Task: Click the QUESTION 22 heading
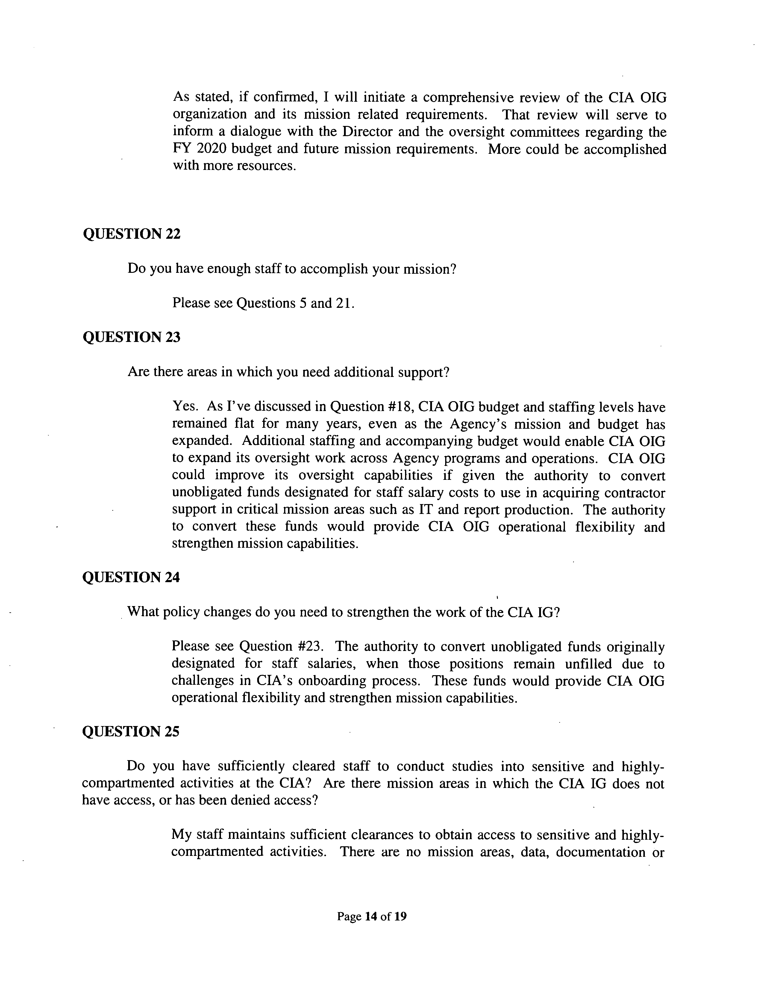[131, 234]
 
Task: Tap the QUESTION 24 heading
[131, 577]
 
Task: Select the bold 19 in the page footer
[400, 917]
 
